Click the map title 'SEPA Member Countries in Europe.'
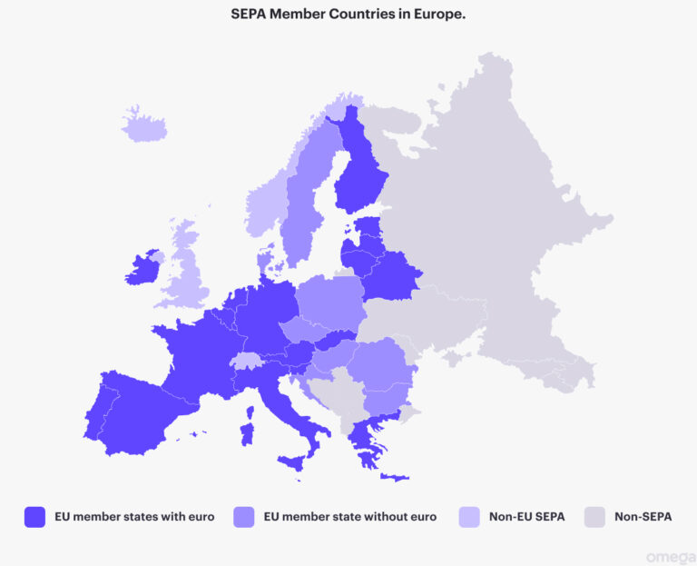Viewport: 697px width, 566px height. [x=348, y=15]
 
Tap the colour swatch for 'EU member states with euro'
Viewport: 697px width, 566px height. [x=34, y=517]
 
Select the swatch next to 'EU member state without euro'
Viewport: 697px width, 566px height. [x=244, y=517]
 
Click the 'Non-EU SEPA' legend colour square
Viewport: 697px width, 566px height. [x=470, y=517]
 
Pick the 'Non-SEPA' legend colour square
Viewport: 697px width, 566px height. [x=595, y=517]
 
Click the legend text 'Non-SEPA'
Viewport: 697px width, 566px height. [x=643, y=517]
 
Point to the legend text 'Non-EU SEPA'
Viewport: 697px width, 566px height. [x=526, y=517]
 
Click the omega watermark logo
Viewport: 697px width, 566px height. [x=669, y=556]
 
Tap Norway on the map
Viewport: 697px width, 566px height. [x=267, y=204]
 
